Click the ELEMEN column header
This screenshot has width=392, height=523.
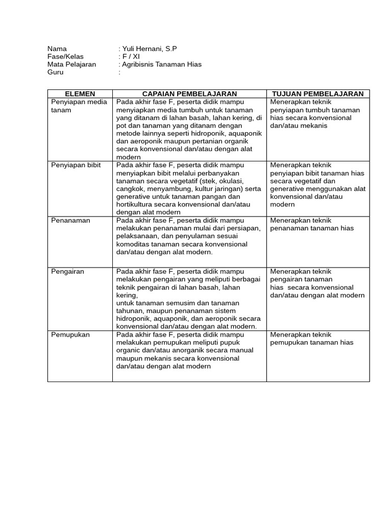[80, 94]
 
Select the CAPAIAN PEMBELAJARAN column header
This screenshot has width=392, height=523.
[189, 94]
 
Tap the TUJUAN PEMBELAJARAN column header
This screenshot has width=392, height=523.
[318, 94]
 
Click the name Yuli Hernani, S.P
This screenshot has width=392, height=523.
[149, 49]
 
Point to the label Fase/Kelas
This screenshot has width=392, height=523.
[65, 57]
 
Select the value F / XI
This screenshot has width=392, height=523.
[130, 57]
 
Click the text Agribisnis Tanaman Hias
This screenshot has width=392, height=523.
[161, 64]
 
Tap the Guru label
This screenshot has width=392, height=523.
[55, 72]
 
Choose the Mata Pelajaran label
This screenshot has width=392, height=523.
[71, 64]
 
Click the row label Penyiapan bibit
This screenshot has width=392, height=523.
[76, 165]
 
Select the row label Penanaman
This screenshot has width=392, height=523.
[70, 221]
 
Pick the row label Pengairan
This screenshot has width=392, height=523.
[67, 272]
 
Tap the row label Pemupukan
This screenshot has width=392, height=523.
[70, 335]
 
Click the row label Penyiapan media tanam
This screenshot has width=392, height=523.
[79, 106]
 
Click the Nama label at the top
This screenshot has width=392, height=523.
[57, 49]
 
